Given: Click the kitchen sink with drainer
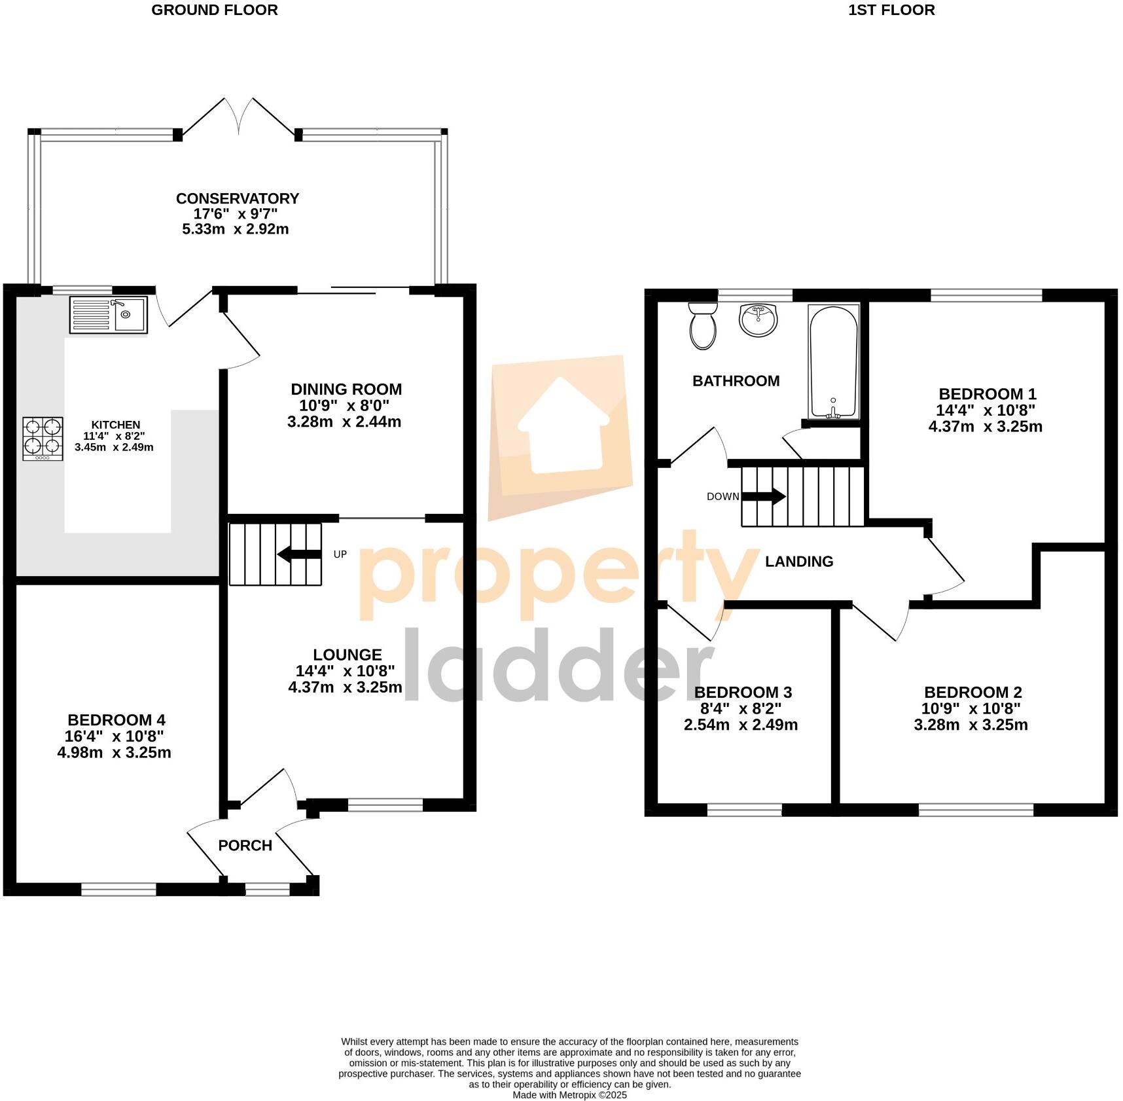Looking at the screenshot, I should [x=109, y=315].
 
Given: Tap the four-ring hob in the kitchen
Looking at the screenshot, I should [x=43, y=438].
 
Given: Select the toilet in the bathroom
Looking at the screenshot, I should [x=703, y=325].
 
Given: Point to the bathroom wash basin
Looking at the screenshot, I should [x=758, y=320].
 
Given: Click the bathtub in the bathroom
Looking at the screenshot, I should [x=833, y=361].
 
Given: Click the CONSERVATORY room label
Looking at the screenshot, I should [x=238, y=198].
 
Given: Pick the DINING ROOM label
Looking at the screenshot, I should [x=346, y=389].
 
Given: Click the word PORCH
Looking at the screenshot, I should [x=245, y=845].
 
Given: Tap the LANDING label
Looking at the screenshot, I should [x=799, y=561].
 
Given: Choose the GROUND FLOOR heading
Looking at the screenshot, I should [x=215, y=10].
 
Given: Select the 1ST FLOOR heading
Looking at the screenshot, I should [x=891, y=10].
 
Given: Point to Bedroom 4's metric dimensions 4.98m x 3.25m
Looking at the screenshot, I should [x=115, y=753].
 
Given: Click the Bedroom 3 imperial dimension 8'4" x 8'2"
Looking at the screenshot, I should [x=741, y=709].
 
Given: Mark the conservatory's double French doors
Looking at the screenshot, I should [x=240, y=118].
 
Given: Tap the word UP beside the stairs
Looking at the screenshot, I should [x=340, y=554].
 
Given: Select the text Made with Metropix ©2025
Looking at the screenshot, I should [x=569, y=1094].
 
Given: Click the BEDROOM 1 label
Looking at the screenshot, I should [x=988, y=394].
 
